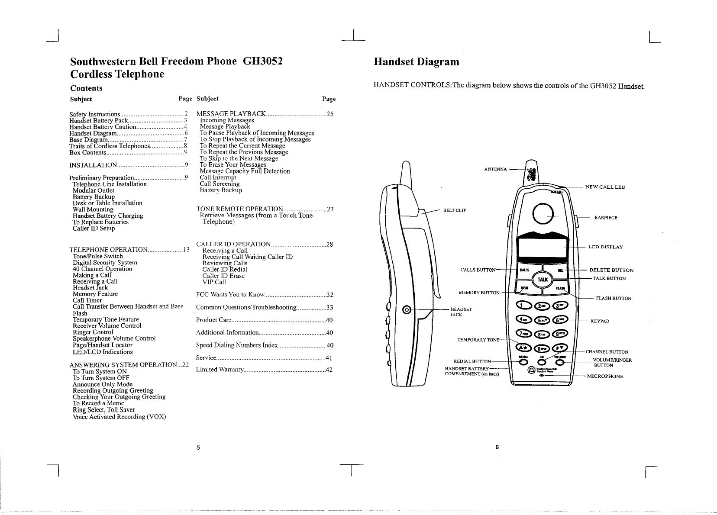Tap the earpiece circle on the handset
544,213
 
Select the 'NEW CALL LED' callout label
605,187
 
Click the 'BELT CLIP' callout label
454,211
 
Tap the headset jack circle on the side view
406,309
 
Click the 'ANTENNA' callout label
495,169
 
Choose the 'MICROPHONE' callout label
605,376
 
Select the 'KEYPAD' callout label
600,322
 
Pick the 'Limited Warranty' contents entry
220,370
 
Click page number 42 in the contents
329,370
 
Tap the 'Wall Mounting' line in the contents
93,209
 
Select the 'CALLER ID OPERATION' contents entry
234,245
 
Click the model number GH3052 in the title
263,61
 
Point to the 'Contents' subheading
86,88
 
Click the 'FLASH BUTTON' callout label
614,299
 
